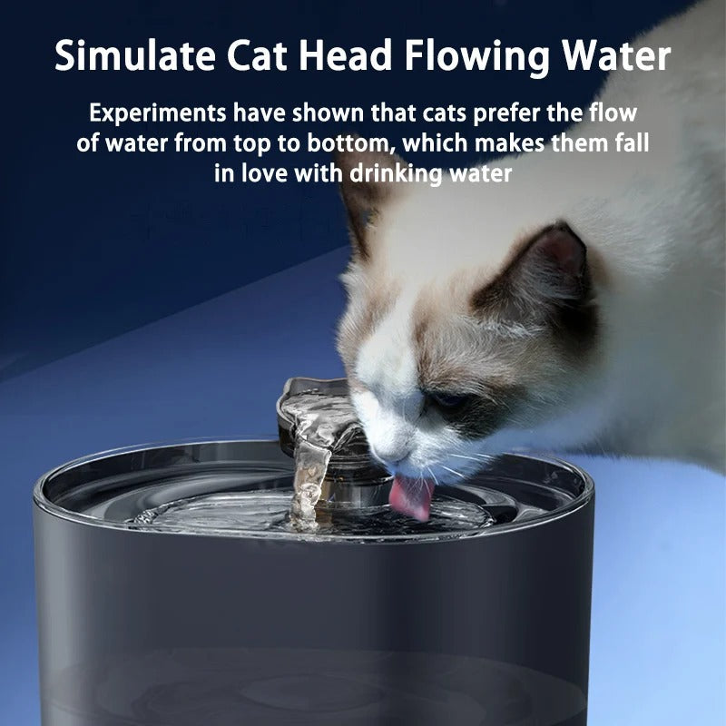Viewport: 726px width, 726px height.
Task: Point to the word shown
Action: click(x=319, y=114)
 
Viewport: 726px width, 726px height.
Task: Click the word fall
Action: click(x=633, y=143)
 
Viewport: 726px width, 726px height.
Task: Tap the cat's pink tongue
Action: click(x=411, y=500)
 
